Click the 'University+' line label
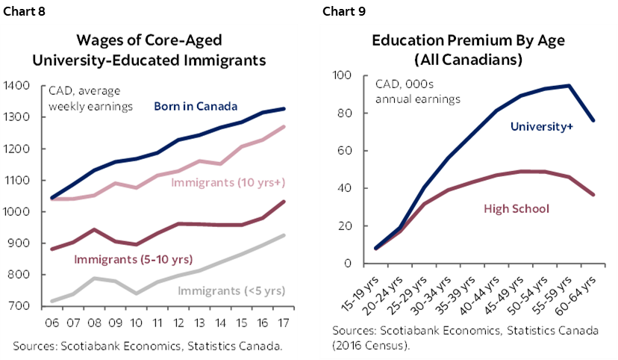[541, 127]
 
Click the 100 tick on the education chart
[342, 75]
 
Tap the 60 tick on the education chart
[345, 151]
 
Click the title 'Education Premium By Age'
[457, 40]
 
